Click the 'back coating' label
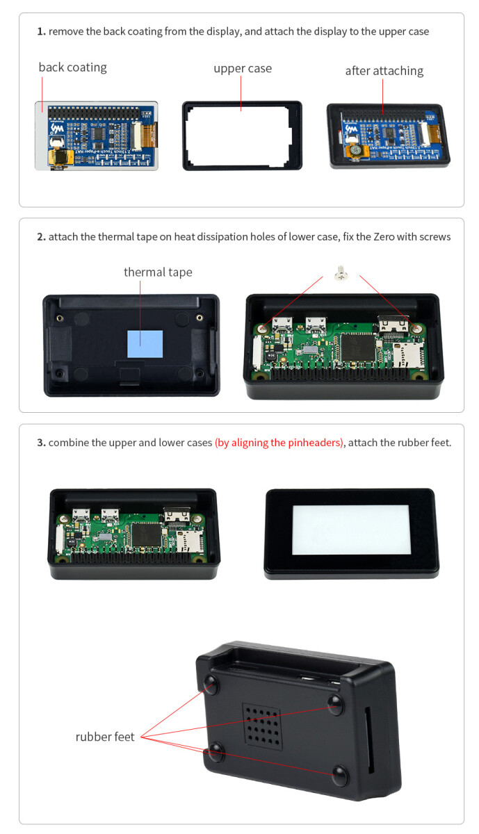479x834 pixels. (72, 67)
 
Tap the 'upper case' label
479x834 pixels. (243, 69)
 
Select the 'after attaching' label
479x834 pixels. (384, 71)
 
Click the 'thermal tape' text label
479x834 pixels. (158, 272)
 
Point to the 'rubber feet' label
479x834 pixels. (105, 737)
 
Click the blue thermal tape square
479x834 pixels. (145, 344)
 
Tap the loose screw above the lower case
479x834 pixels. (341, 272)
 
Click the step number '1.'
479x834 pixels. (41, 32)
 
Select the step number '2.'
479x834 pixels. (41, 237)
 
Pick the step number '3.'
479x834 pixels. (41, 443)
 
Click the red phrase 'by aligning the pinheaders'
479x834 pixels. (279, 443)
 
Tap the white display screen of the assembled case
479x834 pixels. (351, 530)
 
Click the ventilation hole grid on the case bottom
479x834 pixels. (262, 726)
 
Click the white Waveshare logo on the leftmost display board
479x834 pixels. (57, 129)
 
